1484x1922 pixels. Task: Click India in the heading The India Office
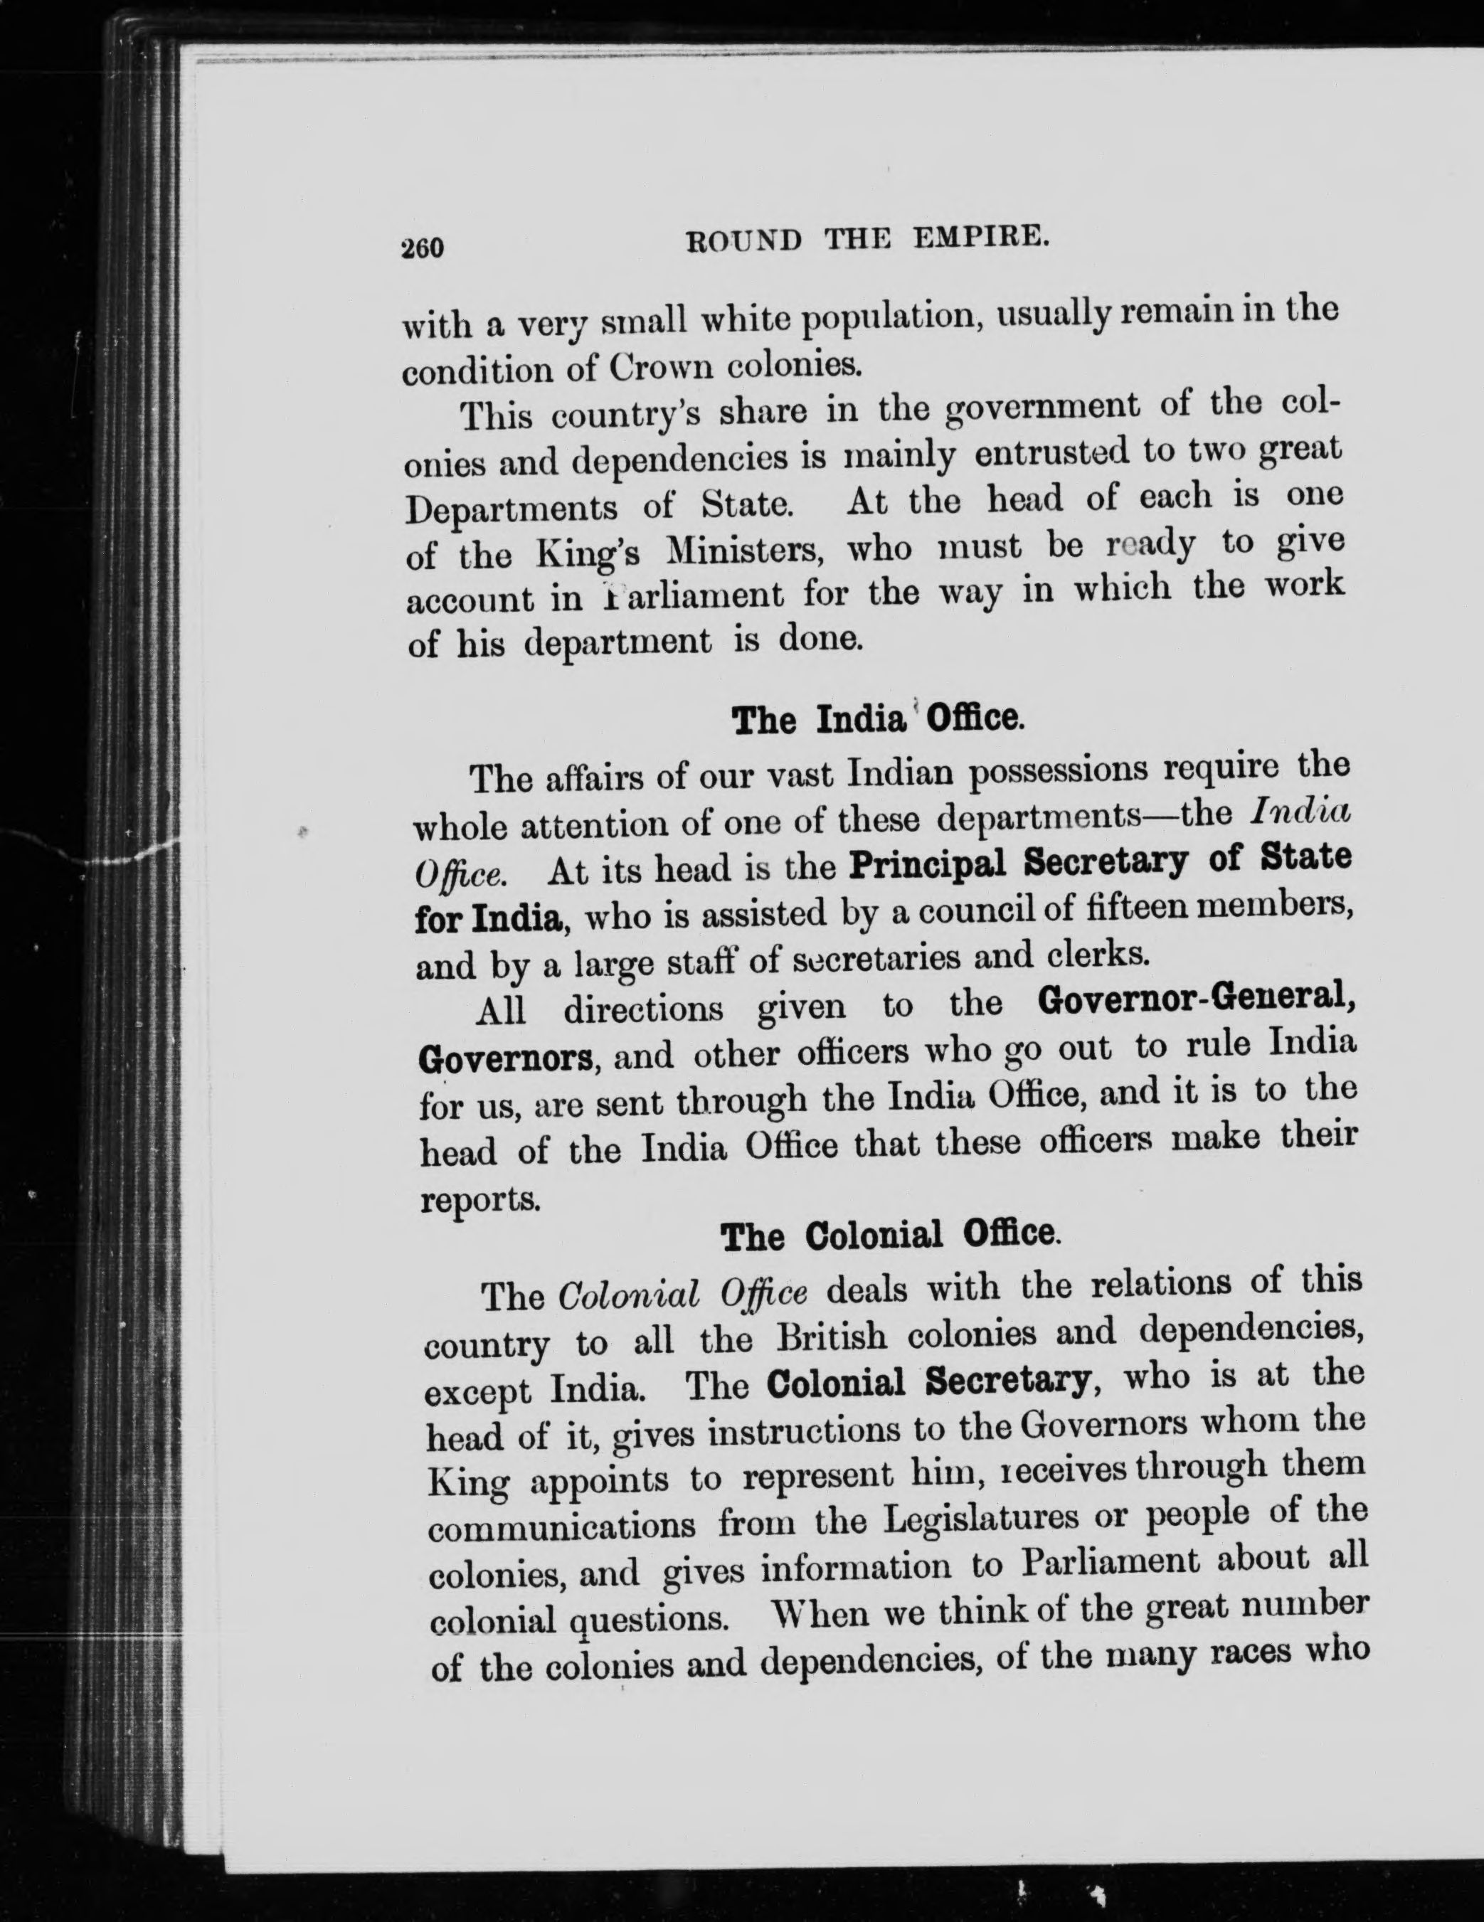861,720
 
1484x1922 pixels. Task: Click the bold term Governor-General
1194,1001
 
